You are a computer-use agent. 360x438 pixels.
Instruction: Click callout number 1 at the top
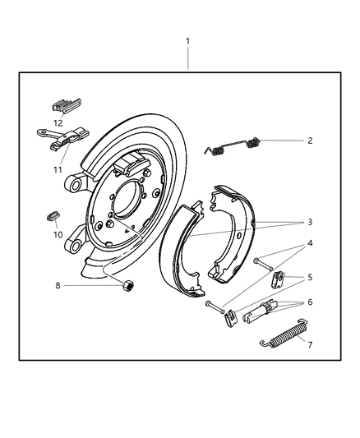(188, 40)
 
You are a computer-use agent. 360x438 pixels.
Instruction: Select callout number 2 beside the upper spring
(310, 141)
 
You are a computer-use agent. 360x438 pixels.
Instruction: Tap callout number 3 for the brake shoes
(309, 222)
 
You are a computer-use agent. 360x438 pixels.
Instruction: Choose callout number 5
(309, 277)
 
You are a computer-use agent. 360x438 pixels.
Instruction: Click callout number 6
(309, 303)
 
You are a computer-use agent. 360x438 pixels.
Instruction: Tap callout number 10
(57, 234)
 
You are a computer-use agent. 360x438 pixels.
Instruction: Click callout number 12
(57, 122)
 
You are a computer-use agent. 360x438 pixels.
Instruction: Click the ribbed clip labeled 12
(65, 105)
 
